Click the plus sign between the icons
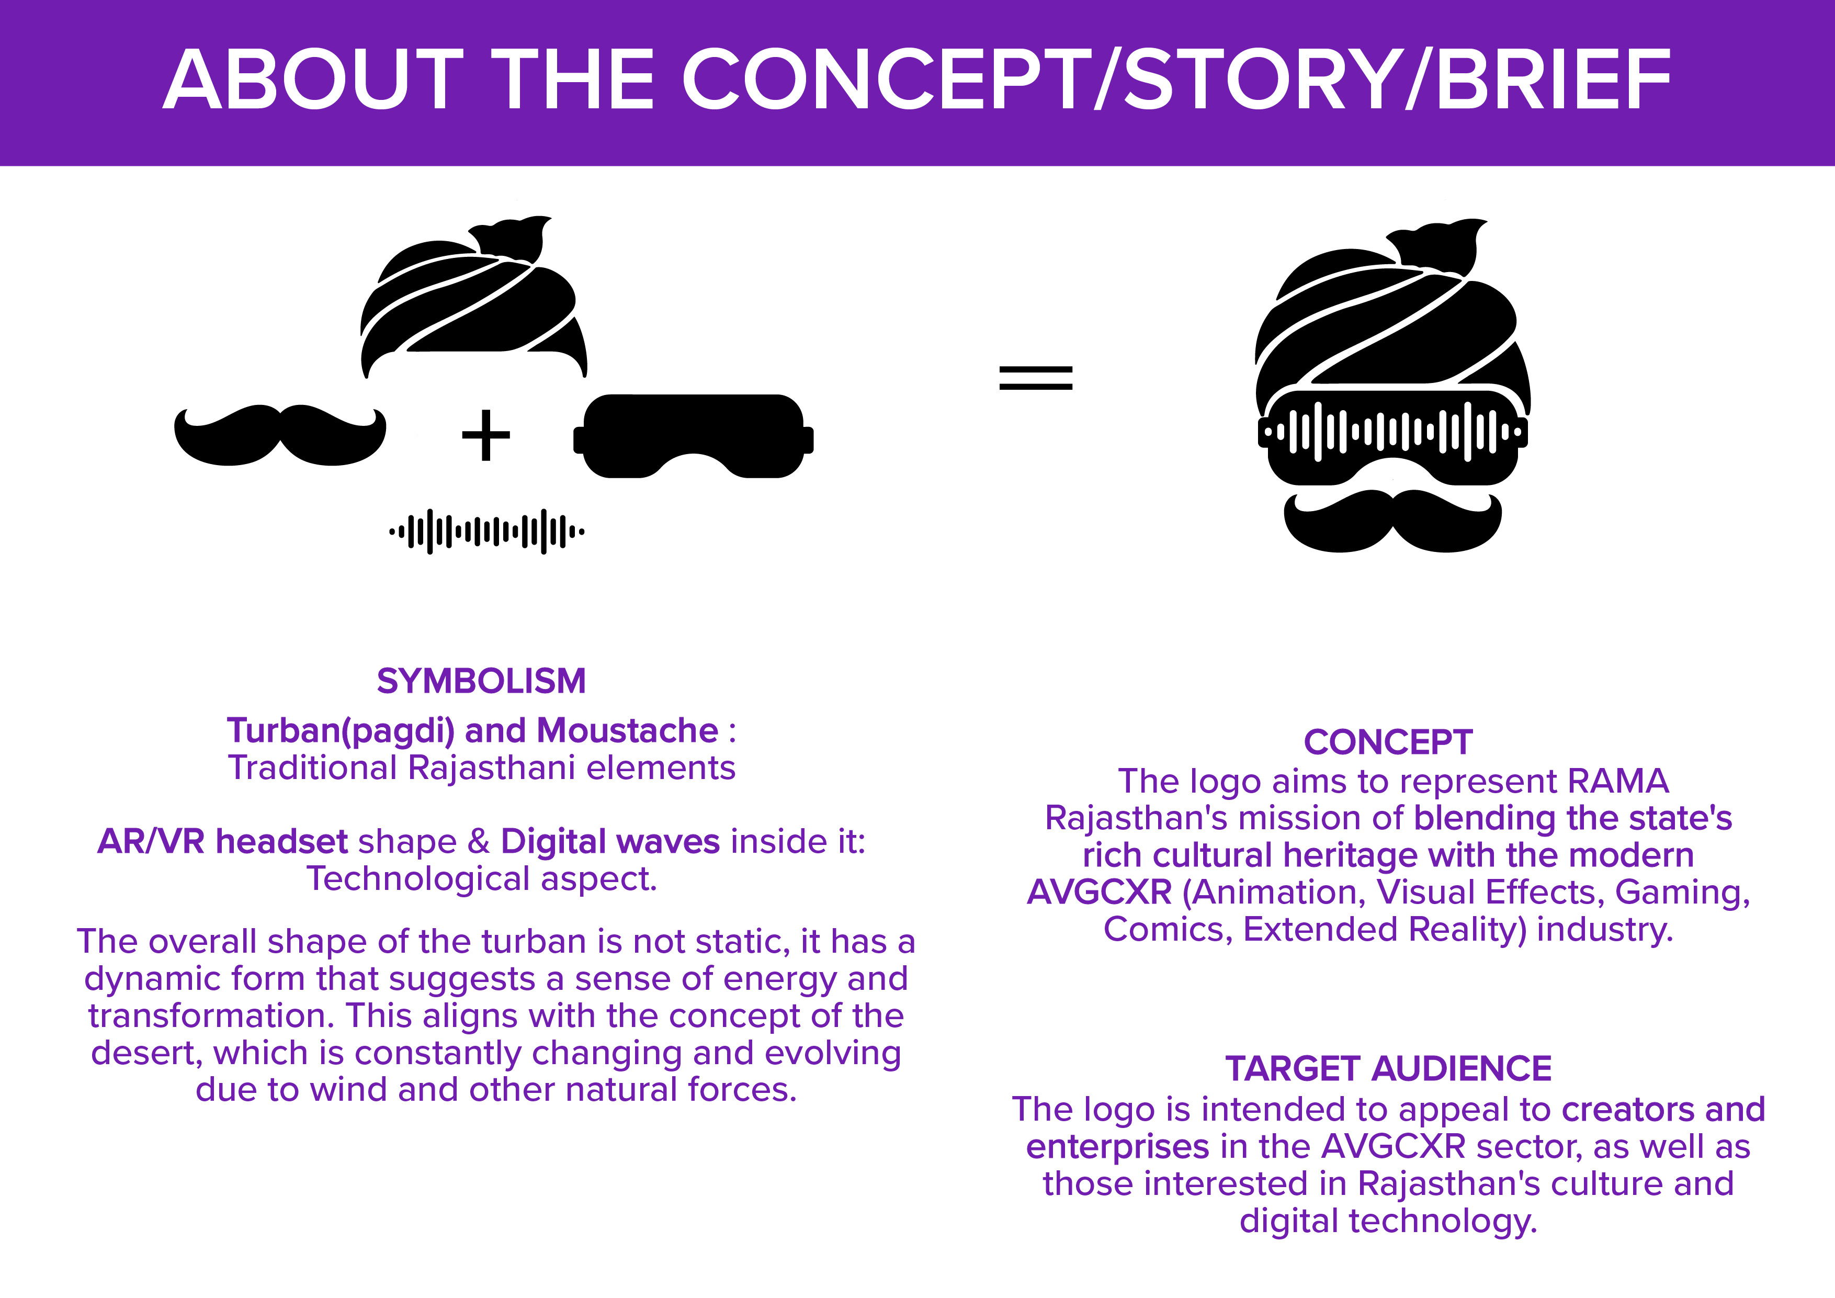coord(485,436)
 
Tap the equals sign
coord(1035,377)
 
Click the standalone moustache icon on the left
coord(280,436)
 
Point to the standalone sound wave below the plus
coord(486,531)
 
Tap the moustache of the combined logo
coord(1392,521)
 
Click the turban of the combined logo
coord(1391,312)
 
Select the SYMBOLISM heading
coord(481,682)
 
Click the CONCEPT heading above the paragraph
coord(1387,742)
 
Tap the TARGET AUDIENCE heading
coord(1388,1069)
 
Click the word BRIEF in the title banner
coord(1553,80)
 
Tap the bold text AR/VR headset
coord(222,842)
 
